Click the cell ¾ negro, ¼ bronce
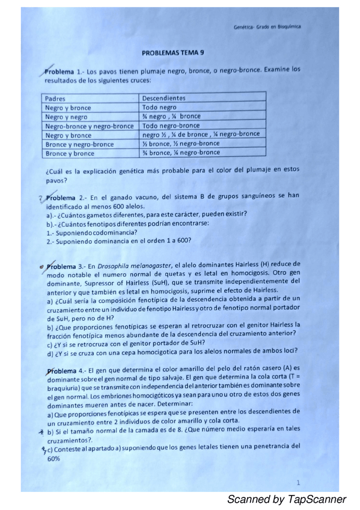(x=171, y=116)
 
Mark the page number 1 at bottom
(x=299, y=482)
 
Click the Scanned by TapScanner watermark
(x=286, y=499)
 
